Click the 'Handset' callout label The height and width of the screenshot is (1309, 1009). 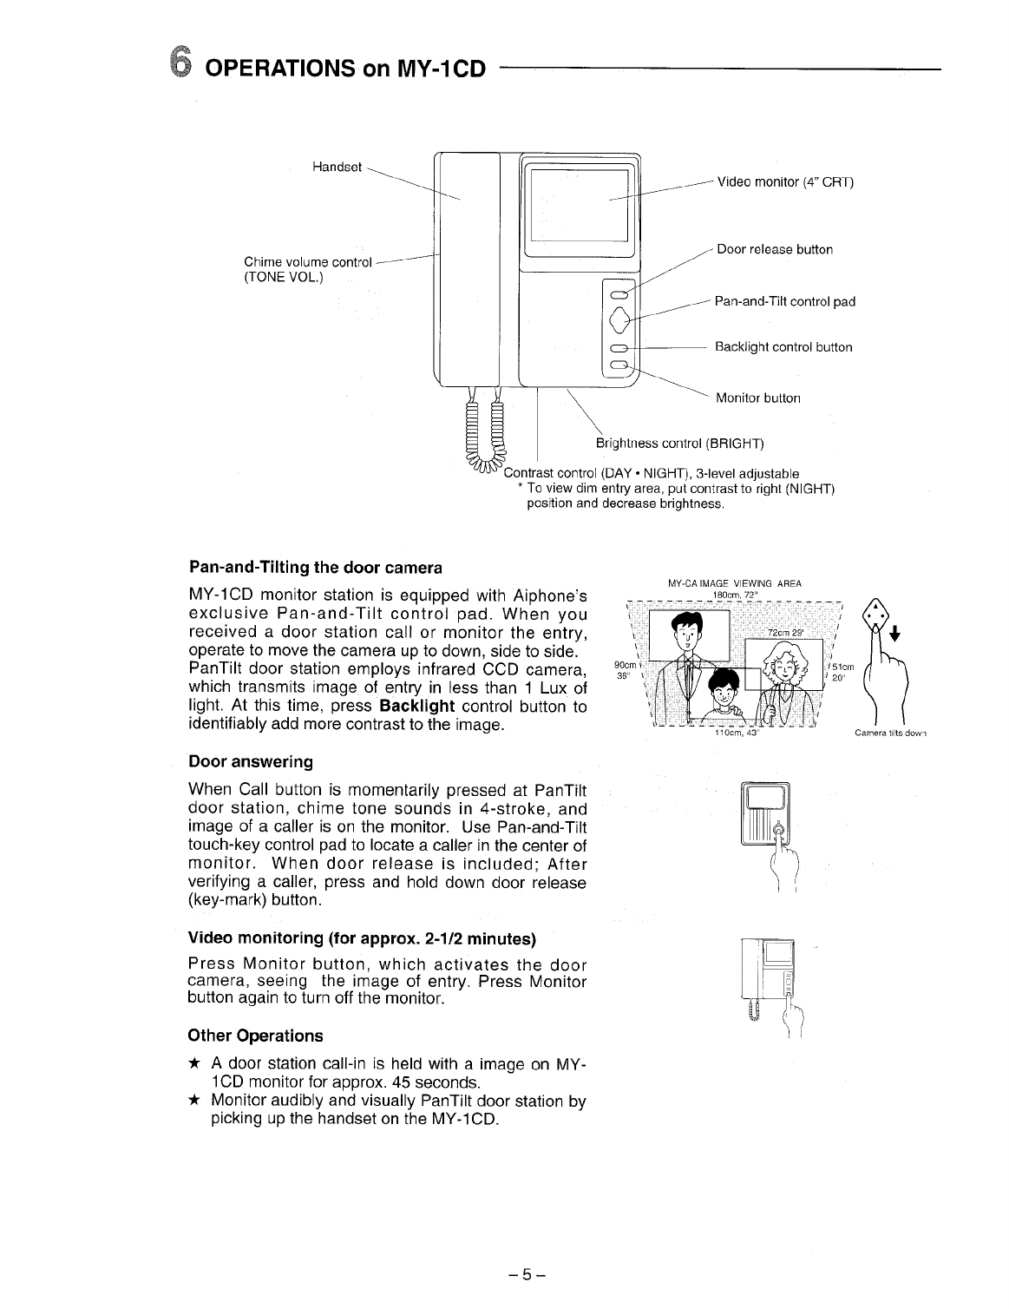[337, 168]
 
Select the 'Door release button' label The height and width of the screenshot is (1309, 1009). [775, 250]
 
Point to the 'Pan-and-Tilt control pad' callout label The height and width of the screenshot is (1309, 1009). [785, 302]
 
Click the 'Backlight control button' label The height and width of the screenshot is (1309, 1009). [783, 347]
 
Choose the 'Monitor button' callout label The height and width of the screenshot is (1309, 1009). [757, 398]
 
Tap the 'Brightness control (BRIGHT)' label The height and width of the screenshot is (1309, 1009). [679, 444]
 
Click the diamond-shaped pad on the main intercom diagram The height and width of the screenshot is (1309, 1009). [619, 321]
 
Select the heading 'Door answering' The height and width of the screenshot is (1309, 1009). [251, 762]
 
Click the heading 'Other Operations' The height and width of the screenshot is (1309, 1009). [255, 1036]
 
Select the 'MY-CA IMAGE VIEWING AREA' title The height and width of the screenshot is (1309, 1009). [734, 582]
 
